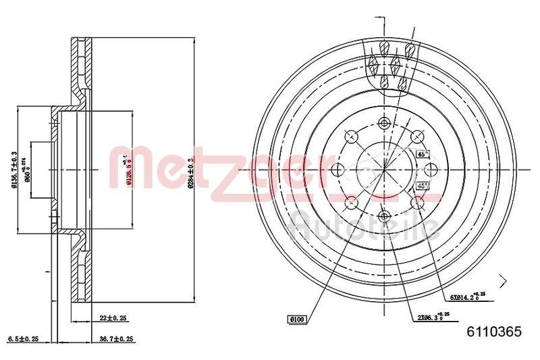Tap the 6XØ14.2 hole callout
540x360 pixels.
pyautogui.click(x=464, y=296)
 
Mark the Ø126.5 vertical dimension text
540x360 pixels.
pyautogui.click(x=127, y=169)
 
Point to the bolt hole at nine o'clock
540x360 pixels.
pyautogui.click(x=338, y=170)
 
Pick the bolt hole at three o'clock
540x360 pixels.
pyautogui.click(x=431, y=170)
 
